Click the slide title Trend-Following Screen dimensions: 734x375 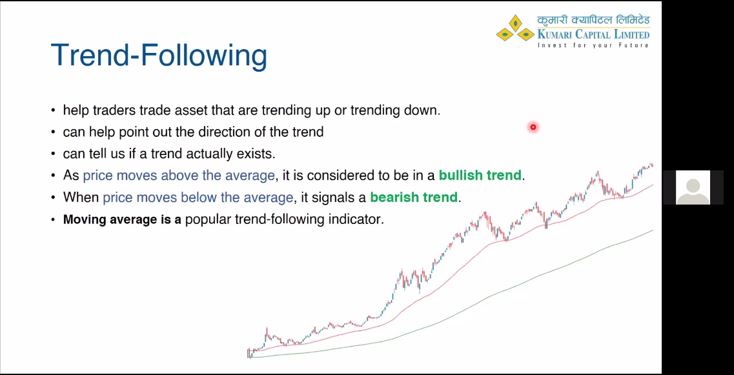[159, 56]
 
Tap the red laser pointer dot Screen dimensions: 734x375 [533, 127]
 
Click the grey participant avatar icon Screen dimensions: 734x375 [693, 188]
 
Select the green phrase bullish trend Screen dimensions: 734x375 [480, 176]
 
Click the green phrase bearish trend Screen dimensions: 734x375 [414, 197]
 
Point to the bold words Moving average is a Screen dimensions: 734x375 [122, 219]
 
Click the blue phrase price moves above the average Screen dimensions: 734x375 [179, 176]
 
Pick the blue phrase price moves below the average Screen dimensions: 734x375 [198, 197]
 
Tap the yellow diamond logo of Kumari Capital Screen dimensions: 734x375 [515, 29]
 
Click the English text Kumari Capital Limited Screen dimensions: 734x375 [593, 34]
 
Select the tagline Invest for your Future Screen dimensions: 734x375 [593, 45]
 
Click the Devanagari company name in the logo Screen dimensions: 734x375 [593, 21]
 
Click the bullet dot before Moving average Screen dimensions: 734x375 [53, 219]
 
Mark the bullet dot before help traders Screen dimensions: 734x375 [53, 111]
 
